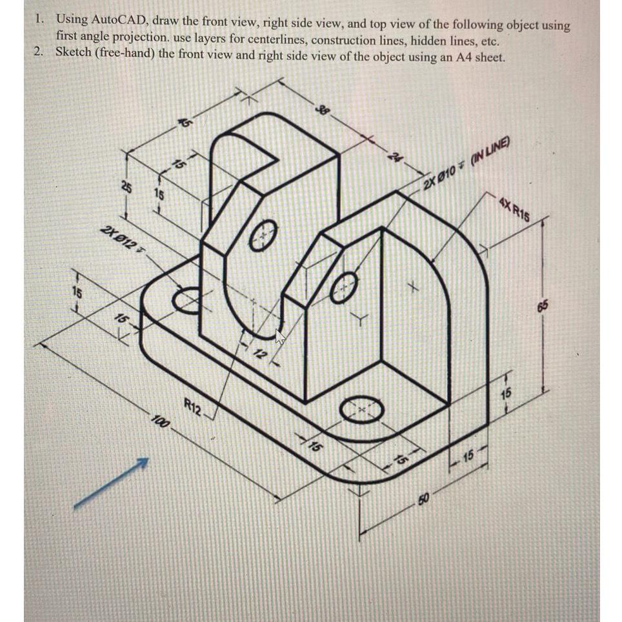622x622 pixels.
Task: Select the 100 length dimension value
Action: tap(161, 422)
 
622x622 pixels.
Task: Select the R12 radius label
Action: tap(192, 407)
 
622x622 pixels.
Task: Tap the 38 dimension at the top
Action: tap(321, 110)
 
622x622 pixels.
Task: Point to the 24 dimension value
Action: tap(394, 155)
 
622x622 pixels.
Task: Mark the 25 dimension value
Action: tap(121, 188)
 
